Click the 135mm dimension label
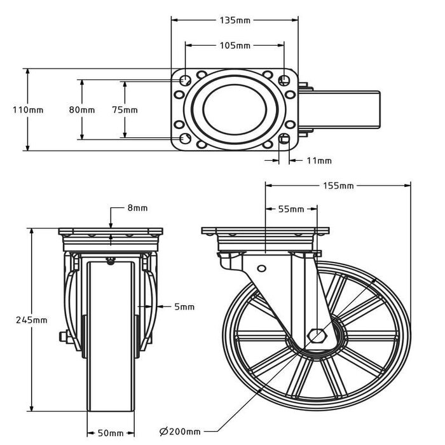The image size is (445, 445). pos(234,20)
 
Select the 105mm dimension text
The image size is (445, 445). pos(234,46)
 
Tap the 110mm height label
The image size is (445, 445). pos(28,109)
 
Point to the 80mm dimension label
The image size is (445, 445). pos(81,109)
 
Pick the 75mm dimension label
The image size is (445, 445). pos(125,109)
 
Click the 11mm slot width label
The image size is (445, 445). pos(318,161)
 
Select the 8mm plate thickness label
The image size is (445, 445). pos(137,208)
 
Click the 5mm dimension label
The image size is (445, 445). pos(184,307)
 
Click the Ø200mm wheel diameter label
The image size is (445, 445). pos(180,432)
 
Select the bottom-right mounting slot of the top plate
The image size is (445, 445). pos(284,139)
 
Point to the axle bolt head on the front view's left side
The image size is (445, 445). pos(62,337)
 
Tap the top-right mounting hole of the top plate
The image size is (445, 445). pos(284,80)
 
